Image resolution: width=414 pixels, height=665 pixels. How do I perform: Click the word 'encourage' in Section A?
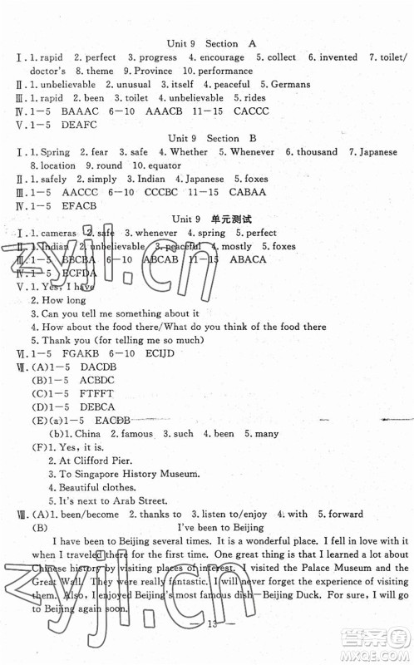[218, 57]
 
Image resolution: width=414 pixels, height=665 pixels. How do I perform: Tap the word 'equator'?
[173, 165]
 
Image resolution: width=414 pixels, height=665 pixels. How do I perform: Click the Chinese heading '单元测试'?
[229, 219]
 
